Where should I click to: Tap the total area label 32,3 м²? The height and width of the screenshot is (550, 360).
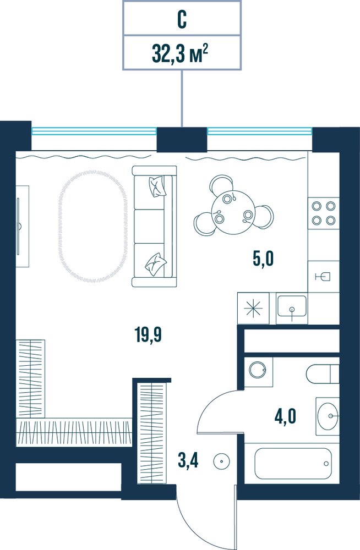tap(180, 54)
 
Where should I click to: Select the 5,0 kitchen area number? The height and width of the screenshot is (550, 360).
tap(263, 259)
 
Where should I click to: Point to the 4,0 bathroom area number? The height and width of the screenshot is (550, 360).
tap(285, 416)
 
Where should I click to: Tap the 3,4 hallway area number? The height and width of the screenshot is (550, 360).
tap(188, 460)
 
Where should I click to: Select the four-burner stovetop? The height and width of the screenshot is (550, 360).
tap(324, 213)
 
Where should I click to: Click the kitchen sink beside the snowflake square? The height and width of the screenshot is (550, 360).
tap(292, 308)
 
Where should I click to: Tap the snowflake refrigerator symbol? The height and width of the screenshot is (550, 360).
tap(253, 309)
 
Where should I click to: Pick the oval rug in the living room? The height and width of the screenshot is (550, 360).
tap(93, 227)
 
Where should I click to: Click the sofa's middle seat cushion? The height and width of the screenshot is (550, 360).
tap(150, 226)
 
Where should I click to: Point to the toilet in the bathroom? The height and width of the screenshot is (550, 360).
tap(323, 374)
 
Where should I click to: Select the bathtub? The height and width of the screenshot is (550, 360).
tap(293, 463)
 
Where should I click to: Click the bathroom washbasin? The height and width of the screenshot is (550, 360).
tap(328, 416)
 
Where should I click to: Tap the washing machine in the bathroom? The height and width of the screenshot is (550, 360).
tap(258, 372)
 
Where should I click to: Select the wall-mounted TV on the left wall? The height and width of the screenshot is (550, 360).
tap(18, 226)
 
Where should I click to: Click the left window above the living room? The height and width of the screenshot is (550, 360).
tap(94, 131)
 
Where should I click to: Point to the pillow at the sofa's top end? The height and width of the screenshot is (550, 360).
tap(157, 186)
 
